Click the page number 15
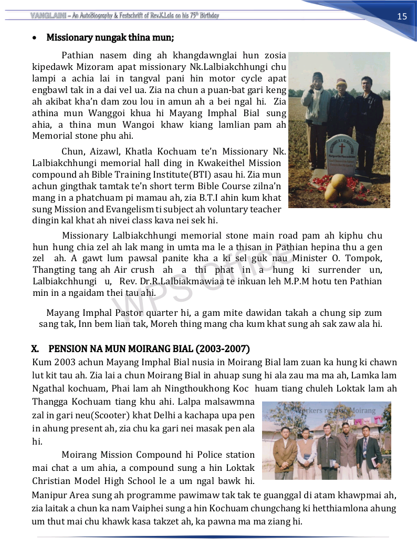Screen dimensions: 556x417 pos(402,16)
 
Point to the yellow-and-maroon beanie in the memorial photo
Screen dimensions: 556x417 pos(342,82)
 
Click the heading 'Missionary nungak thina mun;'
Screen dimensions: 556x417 pos(110,38)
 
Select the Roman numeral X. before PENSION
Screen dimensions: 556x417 pos(36,349)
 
